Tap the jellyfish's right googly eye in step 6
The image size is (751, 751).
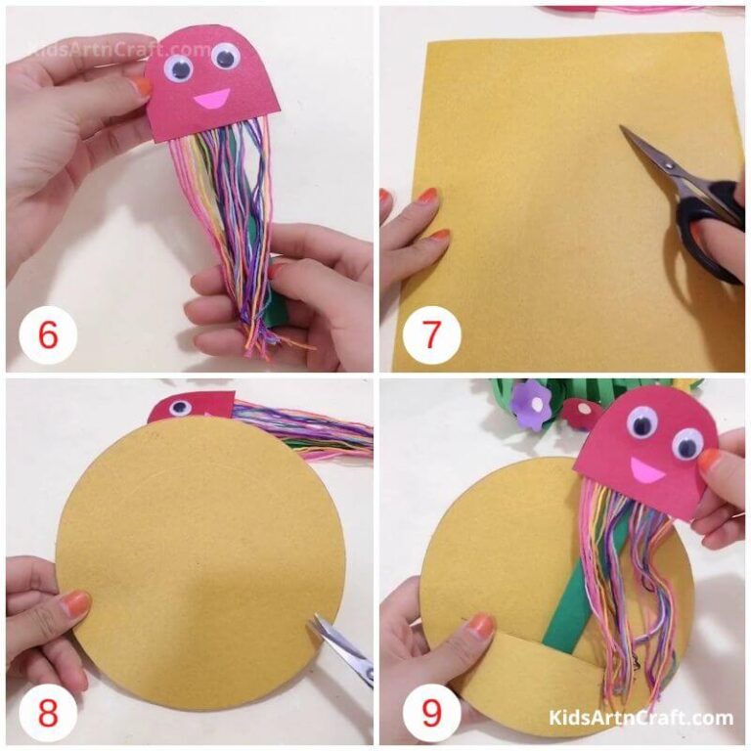(x=224, y=56)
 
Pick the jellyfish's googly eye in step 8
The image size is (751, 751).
(x=180, y=407)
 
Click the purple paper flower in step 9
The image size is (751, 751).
(x=533, y=398)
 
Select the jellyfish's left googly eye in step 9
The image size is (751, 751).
(x=642, y=421)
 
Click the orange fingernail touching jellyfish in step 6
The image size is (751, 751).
(x=143, y=86)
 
